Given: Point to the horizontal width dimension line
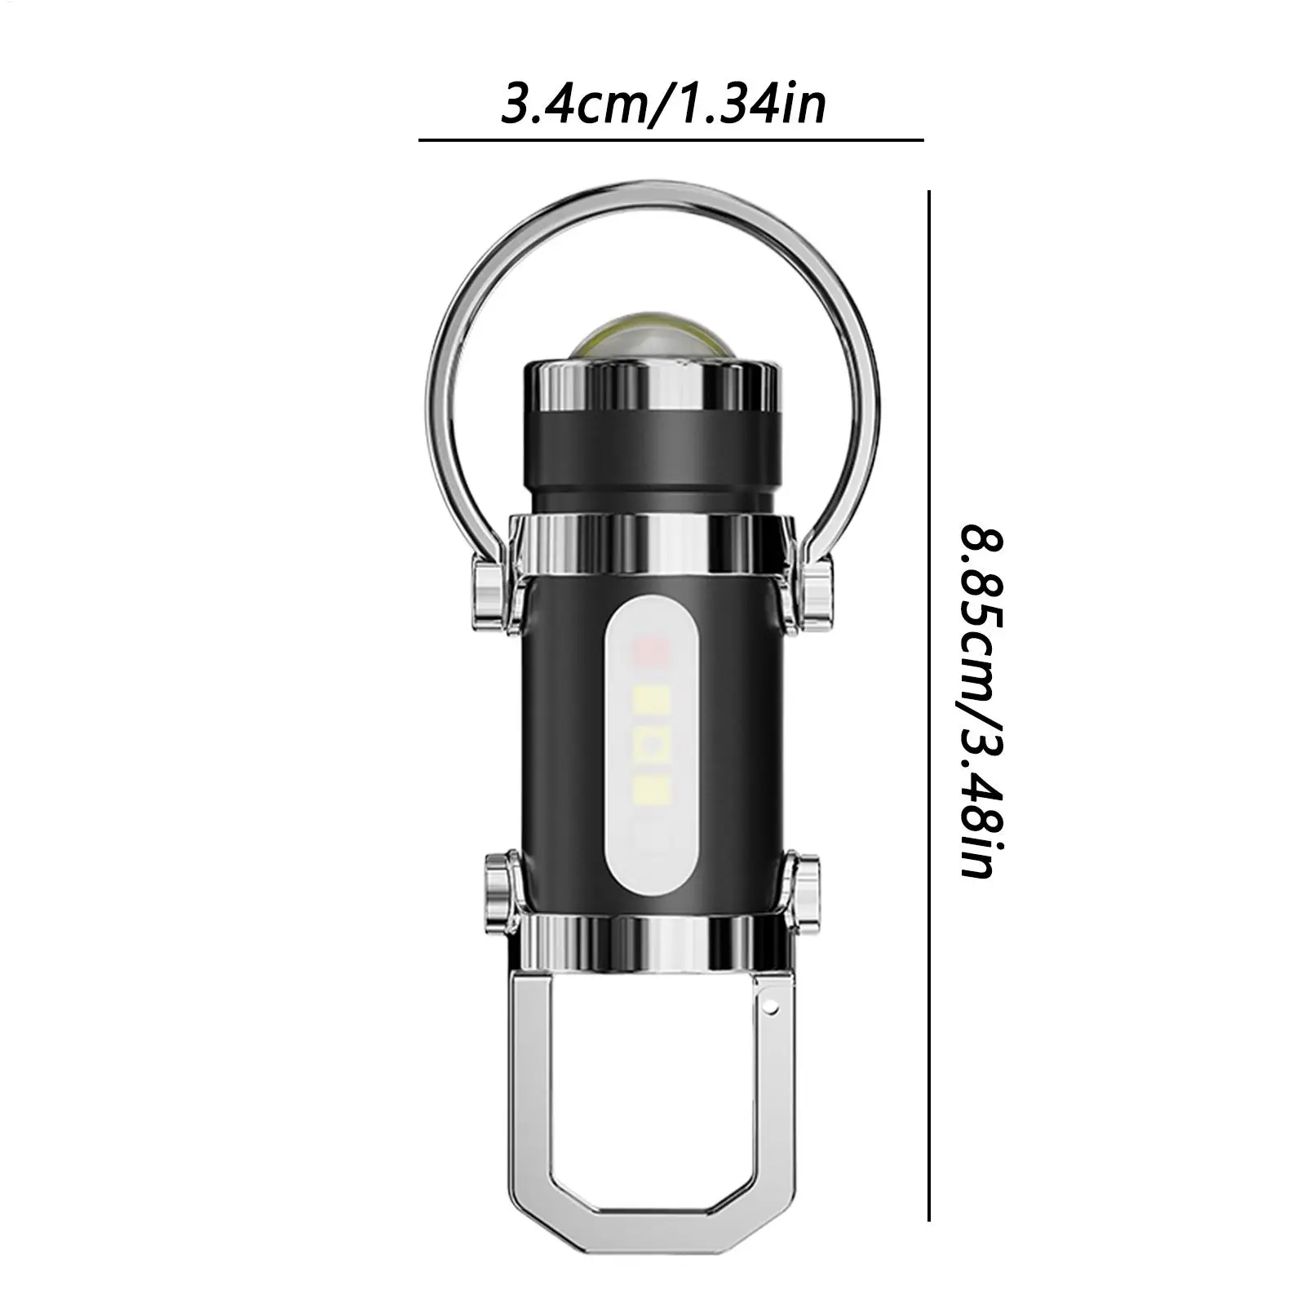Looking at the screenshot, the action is pyautogui.click(x=671, y=140).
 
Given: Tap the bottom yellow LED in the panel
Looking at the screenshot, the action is pyautogui.click(x=652, y=787).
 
